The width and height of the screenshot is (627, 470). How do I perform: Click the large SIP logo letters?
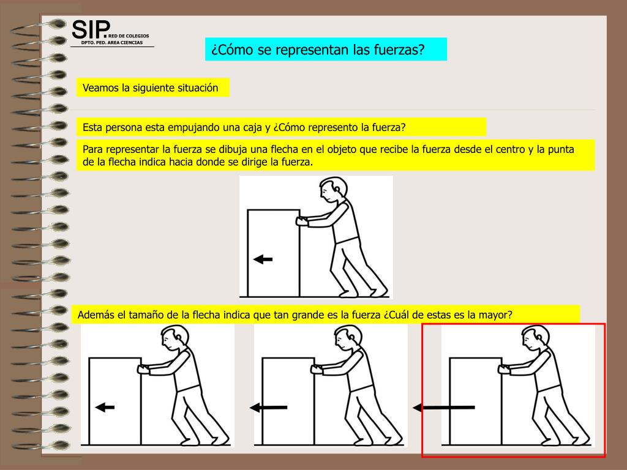coord(91,29)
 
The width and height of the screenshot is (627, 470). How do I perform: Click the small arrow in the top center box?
coord(263,259)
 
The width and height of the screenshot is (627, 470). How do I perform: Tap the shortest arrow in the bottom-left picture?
coord(105,408)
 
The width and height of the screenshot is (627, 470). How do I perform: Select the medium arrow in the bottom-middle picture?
coord(268,408)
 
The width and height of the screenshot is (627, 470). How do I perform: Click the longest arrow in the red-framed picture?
coord(444,408)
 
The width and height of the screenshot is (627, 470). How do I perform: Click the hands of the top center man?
coord(301,222)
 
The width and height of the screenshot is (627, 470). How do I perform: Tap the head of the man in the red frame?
coord(535,338)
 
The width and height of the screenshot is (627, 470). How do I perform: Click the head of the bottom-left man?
coord(175,338)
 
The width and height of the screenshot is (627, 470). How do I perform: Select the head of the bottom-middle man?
coord(348,338)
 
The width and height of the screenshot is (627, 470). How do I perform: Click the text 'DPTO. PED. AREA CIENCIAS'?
coord(112,42)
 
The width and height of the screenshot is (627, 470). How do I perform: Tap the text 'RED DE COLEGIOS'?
coord(129,36)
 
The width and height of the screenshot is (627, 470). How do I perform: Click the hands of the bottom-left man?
coord(143,369)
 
